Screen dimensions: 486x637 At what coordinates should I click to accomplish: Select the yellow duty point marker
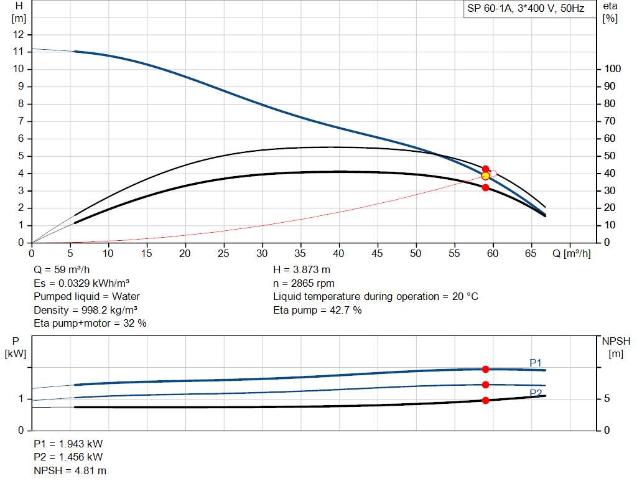point(486,176)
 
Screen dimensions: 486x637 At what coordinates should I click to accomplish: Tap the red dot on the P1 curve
point(486,369)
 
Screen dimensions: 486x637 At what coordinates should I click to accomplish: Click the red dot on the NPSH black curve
point(486,400)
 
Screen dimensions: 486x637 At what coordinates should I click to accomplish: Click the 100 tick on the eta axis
point(611,69)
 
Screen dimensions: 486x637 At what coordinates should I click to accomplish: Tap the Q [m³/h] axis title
point(571,253)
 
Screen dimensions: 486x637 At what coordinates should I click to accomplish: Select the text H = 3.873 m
point(302,270)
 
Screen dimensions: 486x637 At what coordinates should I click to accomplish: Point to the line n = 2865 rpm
point(304,283)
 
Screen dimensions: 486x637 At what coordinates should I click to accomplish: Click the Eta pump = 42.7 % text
point(317,310)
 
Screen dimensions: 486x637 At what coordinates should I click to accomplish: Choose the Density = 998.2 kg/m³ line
point(86,310)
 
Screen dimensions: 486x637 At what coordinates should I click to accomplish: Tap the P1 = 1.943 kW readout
point(68,444)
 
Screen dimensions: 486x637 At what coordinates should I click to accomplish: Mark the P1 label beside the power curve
point(536,362)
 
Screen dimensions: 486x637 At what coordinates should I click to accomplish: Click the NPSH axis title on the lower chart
point(616,347)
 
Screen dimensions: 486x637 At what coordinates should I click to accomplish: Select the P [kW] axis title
point(16,347)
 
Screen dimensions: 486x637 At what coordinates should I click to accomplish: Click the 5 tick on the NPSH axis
point(607,399)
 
